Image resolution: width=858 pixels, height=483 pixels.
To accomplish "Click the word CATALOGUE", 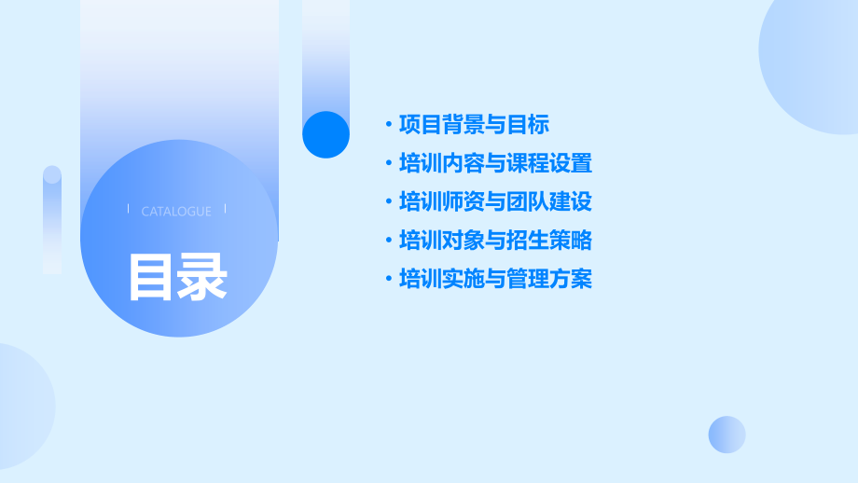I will point(176,212).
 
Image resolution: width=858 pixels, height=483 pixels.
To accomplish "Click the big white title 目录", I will point(177,277).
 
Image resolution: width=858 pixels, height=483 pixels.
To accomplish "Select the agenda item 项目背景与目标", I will point(474,124).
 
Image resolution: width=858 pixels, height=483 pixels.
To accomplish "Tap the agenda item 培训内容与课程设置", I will point(495,163).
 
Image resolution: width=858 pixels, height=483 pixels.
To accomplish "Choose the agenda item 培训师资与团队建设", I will point(495,201).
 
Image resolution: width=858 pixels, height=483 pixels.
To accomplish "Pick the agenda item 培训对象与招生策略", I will point(495,240).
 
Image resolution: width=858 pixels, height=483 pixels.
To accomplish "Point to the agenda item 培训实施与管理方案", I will point(495,279).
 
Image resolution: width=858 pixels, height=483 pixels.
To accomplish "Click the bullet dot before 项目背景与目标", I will point(389,125).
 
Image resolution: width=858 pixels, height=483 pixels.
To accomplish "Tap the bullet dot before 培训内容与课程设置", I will point(389,164).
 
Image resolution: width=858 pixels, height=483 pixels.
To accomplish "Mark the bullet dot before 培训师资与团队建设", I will point(389,202).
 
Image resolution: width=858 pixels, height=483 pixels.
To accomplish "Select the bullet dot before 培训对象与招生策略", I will point(389,241).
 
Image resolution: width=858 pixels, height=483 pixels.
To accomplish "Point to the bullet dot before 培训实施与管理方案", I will point(389,280).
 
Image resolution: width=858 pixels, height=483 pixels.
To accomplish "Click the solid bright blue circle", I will point(325,134).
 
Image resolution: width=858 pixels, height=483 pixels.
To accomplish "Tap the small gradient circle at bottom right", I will point(727,435).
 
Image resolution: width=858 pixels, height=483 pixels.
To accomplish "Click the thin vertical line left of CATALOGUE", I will point(128,210).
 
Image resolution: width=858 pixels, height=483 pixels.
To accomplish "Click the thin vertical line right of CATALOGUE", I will point(226,210).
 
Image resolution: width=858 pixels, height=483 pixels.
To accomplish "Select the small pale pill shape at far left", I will point(52,219).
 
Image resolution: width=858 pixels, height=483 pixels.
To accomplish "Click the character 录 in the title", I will point(203,277).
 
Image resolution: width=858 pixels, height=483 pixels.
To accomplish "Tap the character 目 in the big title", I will point(151,277).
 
